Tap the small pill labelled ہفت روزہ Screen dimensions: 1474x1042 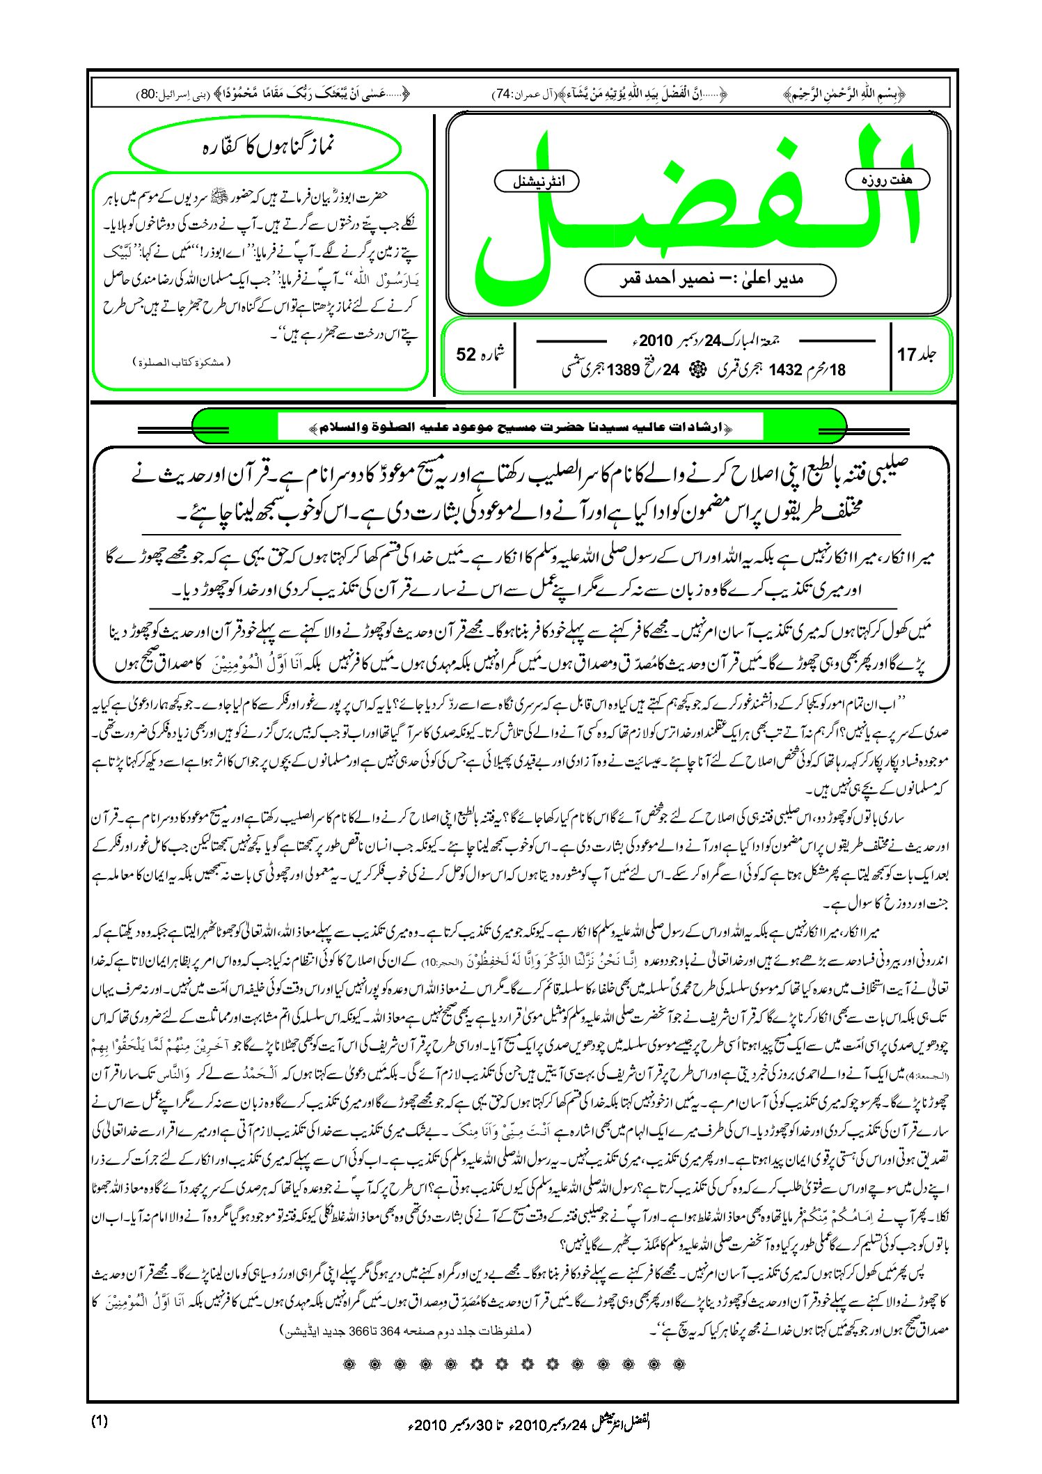(x=887, y=180)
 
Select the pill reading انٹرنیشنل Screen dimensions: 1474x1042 (x=537, y=182)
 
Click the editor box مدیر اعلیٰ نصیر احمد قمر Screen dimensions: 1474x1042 (x=710, y=280)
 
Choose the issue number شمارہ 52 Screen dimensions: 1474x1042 (x=478, y=354)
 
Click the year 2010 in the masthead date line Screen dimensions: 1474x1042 (x=655, y=341)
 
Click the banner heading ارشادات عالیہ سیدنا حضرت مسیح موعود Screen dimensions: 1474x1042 (x=519, y=426)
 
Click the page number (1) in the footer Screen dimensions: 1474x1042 (x=100, y=1421)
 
